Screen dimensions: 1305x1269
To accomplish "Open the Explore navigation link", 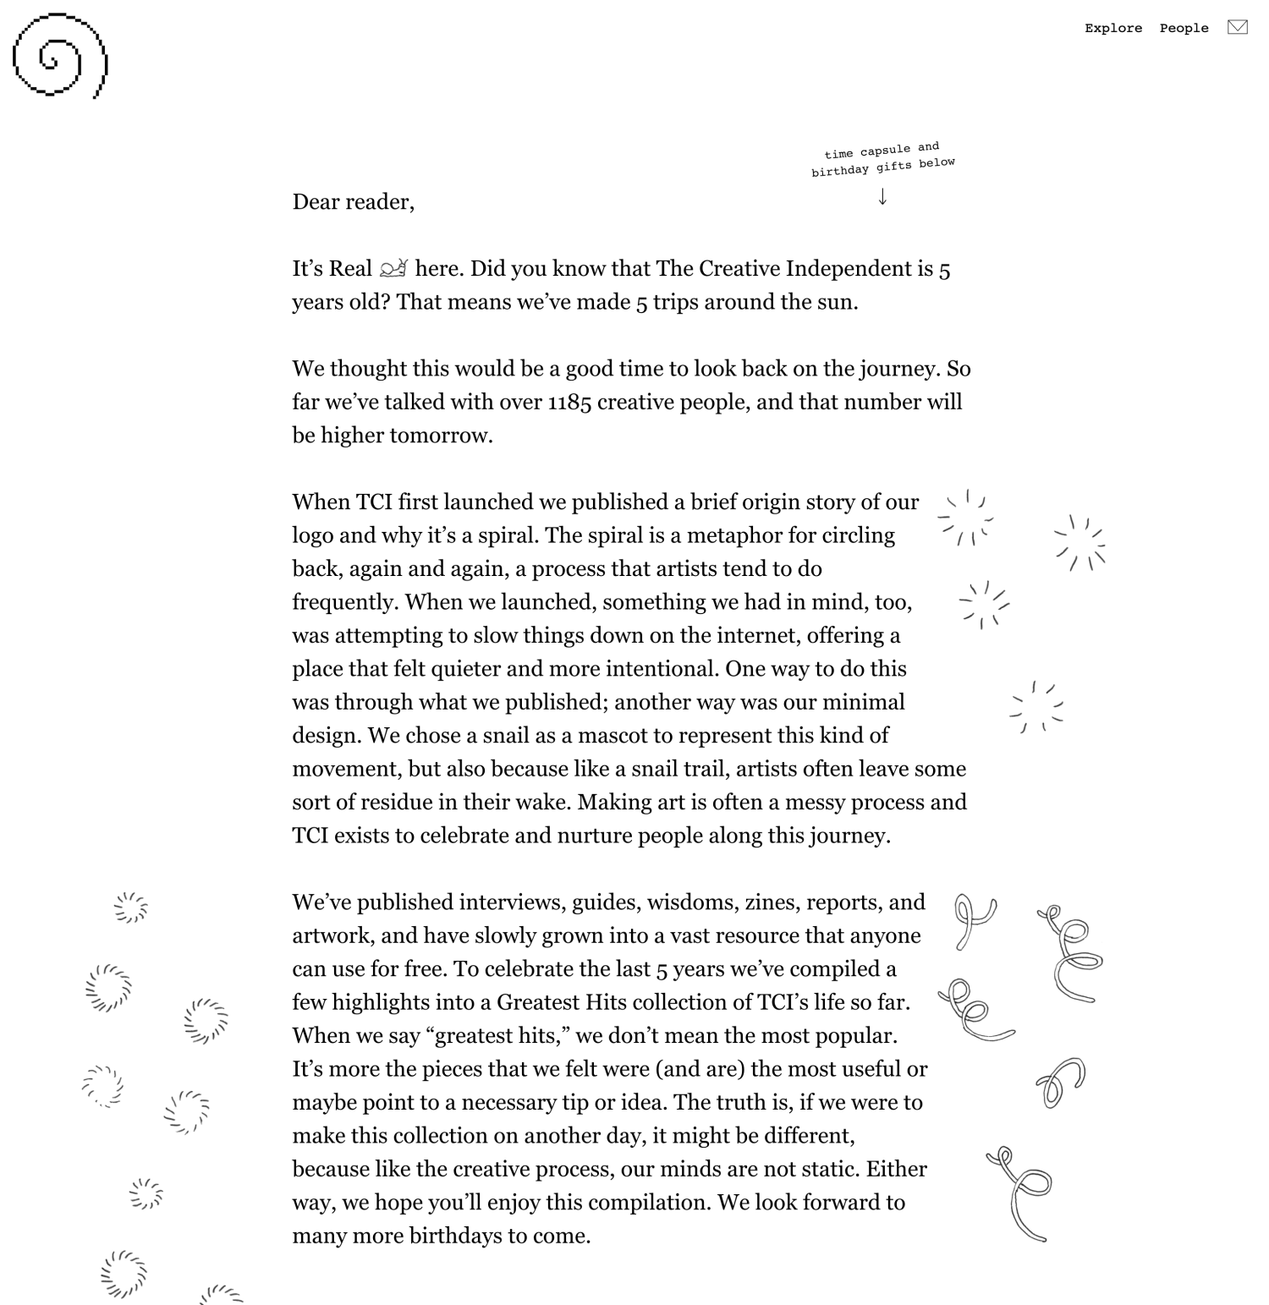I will point(1112,29).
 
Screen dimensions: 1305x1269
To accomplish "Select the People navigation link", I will point(1184,29).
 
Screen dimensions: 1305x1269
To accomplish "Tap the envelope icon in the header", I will point(1237,27).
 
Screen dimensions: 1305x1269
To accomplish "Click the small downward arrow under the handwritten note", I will point(882,197).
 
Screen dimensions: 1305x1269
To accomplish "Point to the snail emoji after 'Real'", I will point(393,269).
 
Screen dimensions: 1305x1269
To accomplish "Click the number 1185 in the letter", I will point(569,403).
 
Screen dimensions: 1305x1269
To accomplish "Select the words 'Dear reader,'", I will point(353,202).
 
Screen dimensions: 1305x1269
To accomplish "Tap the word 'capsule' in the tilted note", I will point(885,151).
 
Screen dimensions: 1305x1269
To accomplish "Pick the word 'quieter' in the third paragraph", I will point(465,669).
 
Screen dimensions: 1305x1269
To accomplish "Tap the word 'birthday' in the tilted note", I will point(840,171).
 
